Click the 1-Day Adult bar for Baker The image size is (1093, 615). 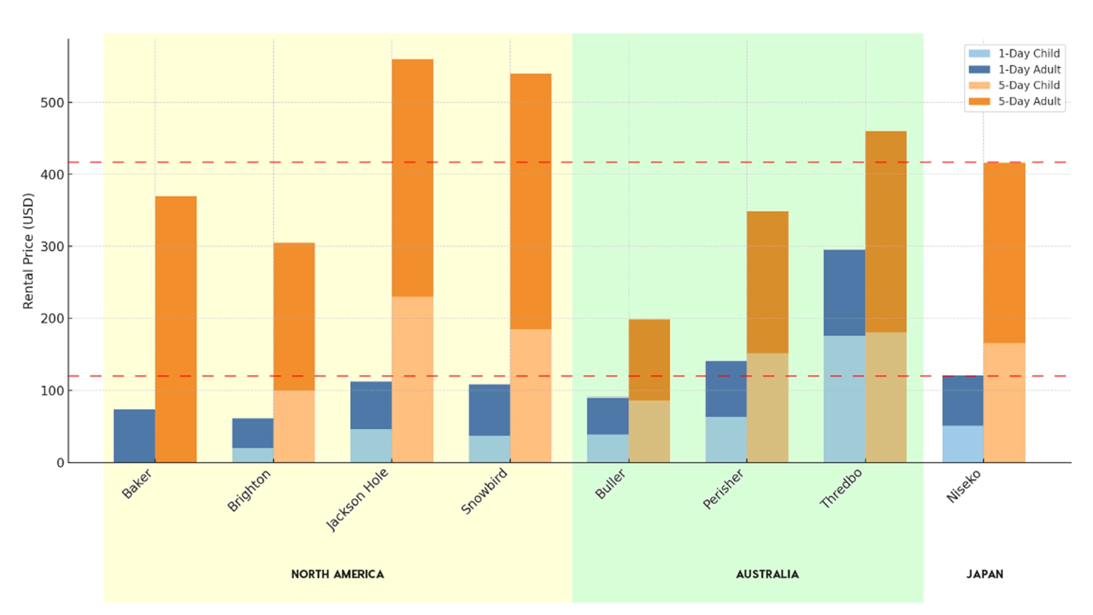134,436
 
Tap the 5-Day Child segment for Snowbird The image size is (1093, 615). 531,395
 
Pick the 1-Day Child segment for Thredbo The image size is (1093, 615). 844,399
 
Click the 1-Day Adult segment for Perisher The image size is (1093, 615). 726,389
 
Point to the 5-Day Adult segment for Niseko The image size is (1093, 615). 1004,253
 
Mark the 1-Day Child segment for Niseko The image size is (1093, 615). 963,444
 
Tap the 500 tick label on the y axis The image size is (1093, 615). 52,103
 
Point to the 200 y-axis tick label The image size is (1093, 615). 52,319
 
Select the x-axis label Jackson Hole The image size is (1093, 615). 358,499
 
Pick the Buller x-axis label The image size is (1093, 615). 610,484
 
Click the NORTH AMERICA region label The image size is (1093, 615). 338,574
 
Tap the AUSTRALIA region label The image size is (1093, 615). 767,574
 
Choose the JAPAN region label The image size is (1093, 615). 984,574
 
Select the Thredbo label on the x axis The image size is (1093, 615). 841,488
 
